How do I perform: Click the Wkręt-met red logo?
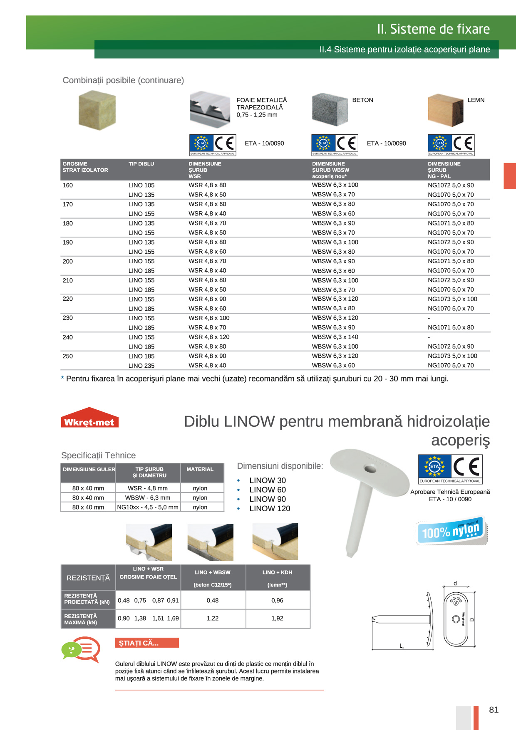[89, 418]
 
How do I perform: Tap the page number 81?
[494, 710]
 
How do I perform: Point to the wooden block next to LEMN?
[445, 110]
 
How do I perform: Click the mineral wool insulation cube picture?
[97, 111]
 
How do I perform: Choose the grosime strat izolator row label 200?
[68, 261]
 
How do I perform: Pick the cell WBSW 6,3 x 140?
[335, 337]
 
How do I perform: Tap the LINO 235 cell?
[141, 366]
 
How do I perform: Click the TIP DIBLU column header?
[141, 164]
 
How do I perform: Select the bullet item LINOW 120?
[270, 508]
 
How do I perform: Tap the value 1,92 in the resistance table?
[277, 619]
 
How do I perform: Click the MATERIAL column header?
[200, 469]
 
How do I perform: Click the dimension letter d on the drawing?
[455, 584]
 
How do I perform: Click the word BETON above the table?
[362, 100]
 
